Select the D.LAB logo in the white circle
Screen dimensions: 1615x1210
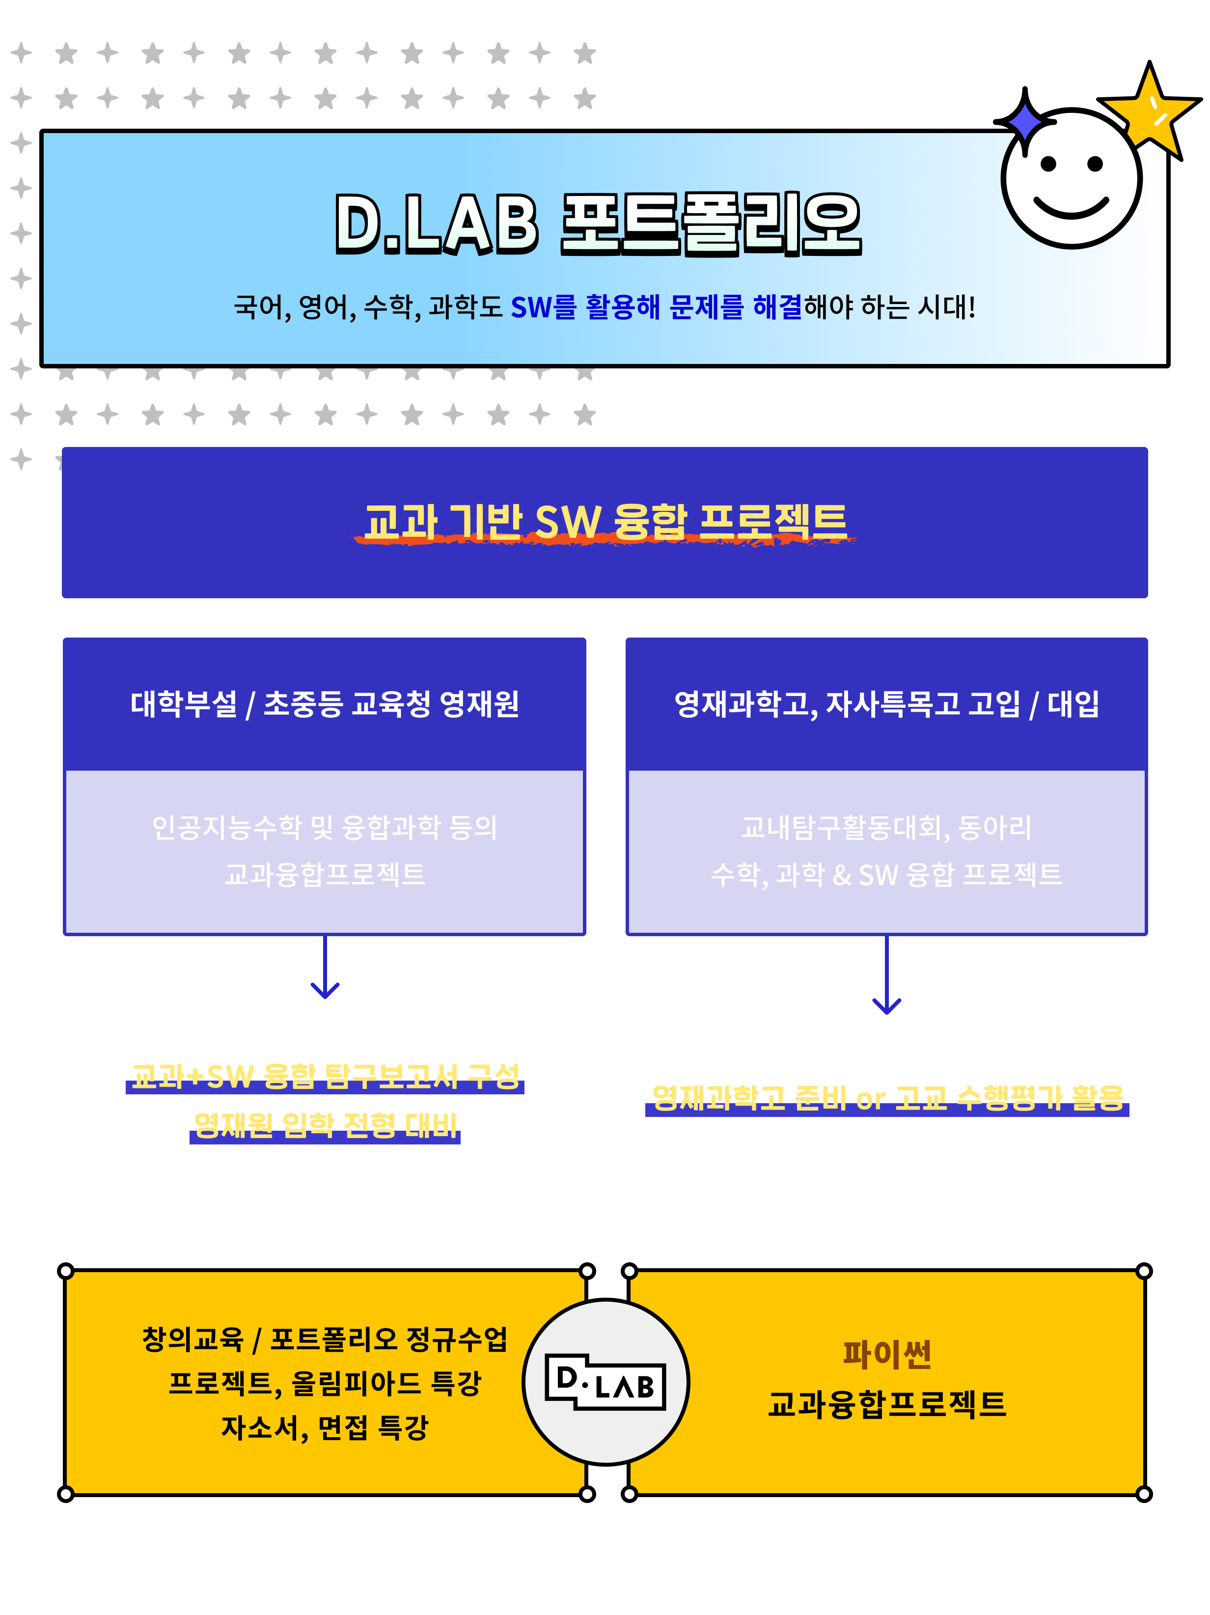tap(605, 1382)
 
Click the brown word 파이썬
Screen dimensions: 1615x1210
tap(887, 1354)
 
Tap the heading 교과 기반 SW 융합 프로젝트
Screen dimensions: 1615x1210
tap(605, 522)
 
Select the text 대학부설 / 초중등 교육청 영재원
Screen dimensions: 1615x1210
tap(325, 704)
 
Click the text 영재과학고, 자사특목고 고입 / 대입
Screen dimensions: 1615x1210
tap(887, 704)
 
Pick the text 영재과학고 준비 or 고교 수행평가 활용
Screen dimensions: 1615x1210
tap(887, 1097)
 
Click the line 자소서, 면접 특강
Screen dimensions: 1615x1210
tap(325, 1428)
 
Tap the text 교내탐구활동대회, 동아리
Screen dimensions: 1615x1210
tap(887, 827)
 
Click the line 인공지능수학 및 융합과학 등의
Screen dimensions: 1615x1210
tap(325, 827)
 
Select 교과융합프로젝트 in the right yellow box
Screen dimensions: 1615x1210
tap(887, 1404)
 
